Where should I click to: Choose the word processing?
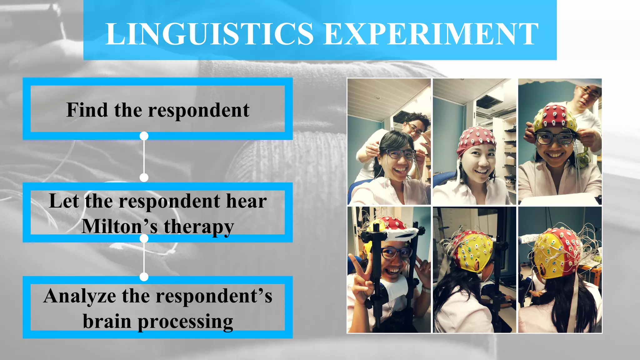[185, 322]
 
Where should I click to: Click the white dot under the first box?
[144, 136]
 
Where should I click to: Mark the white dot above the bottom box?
[144, 277]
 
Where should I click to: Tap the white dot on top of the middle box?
[144, 177]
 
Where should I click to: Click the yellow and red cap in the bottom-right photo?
[555, 253]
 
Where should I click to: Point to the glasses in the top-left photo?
[400, 153]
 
